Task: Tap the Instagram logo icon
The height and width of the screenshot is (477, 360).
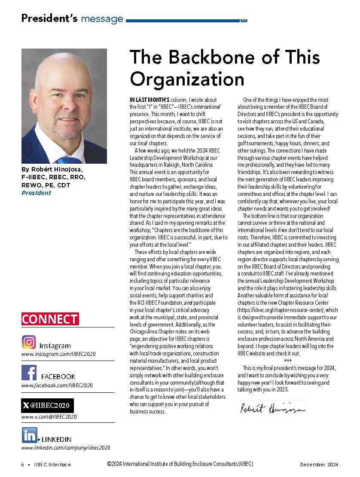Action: pyautogui.click(x=29, y=342)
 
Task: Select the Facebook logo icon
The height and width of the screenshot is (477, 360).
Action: pyautogui.click(x=29, y=372)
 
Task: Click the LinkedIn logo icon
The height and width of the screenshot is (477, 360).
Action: pyautogui.click(x=29, y=435)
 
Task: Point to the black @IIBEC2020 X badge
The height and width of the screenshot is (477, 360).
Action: pyautogui.click(x=47, y=405)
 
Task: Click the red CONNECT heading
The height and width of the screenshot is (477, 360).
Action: pyautogui.click(x=50, y=319)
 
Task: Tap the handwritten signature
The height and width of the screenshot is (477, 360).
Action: pyautogui.click(x=271, y=407)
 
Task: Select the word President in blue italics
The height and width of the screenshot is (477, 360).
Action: pyautogui.click(x=36, y=193)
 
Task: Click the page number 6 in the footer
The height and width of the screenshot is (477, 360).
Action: pyautogui.click(x=22, y=465)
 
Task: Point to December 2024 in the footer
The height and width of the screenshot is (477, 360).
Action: pyautogui.click(x=319, y=465)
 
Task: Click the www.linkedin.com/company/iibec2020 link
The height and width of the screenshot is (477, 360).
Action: pyautogui.click(x=66, y=447)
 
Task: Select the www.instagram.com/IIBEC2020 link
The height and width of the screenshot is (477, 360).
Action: pyautogui.click(x=58, y=354)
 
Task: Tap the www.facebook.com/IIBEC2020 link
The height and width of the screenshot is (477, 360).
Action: pyautogui.click(x=57, y=385)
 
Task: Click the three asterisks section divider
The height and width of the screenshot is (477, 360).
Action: pyautogui.click(x=288, y=360)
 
